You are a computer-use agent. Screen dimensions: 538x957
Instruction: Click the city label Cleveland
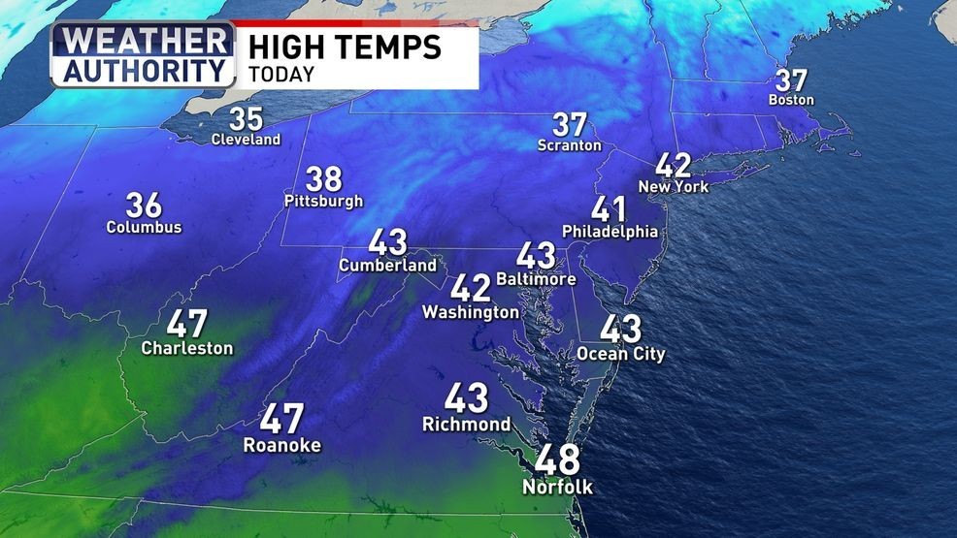pos(246,140)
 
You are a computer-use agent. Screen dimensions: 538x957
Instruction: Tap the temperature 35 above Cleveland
pos(246,119)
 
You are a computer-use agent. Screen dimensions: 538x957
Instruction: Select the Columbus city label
pos(145,228)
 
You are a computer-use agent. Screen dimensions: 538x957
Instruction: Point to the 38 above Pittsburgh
pos(323,179)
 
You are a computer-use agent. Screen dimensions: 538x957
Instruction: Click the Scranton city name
pos(570,145)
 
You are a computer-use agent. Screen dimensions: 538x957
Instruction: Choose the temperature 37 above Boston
pos(791,80)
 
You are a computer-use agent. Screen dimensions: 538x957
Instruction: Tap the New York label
pos(674,186)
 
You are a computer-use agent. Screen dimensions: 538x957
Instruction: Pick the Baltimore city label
pos(536,279)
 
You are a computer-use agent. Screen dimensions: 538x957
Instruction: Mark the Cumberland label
pos(387,265)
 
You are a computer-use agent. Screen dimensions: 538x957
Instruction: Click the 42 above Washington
pos(471,288)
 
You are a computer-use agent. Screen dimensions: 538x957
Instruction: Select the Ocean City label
pos(621,354)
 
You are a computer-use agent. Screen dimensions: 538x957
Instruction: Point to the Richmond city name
pos(466,425)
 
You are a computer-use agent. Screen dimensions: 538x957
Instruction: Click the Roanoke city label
pos(281,445)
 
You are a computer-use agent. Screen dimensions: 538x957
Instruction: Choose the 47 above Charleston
pos(187,324)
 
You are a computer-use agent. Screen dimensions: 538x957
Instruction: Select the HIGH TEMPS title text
pos(345,46)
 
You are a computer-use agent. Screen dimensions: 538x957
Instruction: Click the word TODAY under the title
pos(280,74)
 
